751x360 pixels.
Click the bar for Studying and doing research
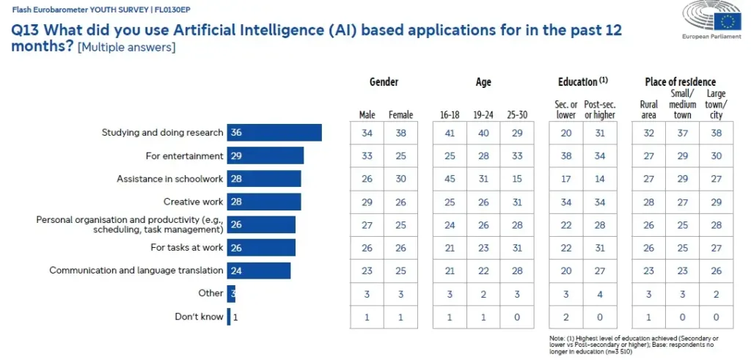click(274, 133)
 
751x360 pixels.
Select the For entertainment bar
click(265, 155)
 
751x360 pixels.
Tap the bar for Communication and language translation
click(258, 271)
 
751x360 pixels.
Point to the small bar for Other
click(231, 293)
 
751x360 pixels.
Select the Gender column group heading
click(384, 82)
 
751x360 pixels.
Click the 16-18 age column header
click(450, 115)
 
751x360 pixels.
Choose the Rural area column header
click(648, 110)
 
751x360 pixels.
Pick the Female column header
click(400, 115)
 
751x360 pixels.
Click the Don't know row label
click(199, 317)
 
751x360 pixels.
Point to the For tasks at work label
click(187, 248)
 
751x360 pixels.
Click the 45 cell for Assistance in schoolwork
click(450, 179)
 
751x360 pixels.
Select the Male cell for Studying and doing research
click(367, 133)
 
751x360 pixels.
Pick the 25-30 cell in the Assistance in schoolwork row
click(517, 179)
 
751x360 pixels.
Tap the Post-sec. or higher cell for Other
click(601, 293)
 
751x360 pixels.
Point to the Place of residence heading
click(680, 82)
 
